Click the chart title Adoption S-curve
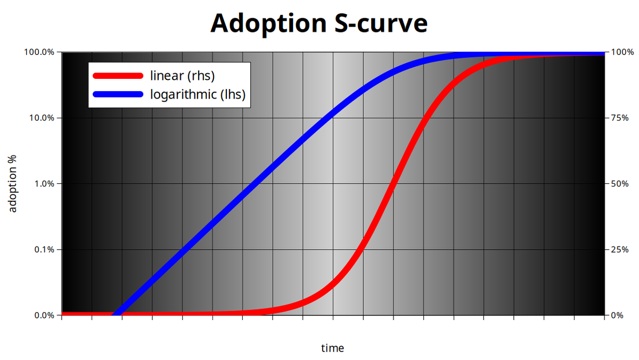pyautogui.click(x=319, y=23)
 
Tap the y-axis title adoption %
pyautogui.click(x=13, y=184)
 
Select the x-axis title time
pyautogui.click(x=332, y=348)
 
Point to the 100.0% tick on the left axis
pyautogui.click(x=39, y=52)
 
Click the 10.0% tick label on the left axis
pyautogui.click(x=42, y=118)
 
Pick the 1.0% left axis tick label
pyautogui.click(x=44, y=184)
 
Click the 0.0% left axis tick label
pyautogui.click(x=44, y=315)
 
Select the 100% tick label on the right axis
pyautogui.click(x=622, y=52)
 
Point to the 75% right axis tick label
pyautogui.click(x=620, y=118)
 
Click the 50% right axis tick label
pyautogui.click(x=620, y=184)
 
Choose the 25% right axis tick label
pyautogui.click(x=620, y=249)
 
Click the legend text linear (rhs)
pyautogui.click(x=183, y=76)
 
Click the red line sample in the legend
pyautogui.click(x=118, y=76)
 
